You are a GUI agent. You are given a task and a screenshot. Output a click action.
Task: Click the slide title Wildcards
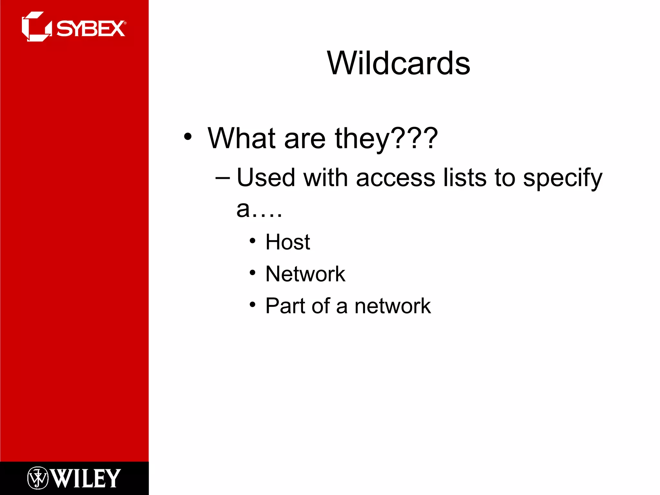(x=399, y=63)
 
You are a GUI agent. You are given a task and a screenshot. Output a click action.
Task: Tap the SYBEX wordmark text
(x=91, y=29)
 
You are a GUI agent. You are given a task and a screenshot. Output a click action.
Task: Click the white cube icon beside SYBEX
(x=36, y=27)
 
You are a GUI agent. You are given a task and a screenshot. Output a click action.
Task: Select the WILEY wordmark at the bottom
(x=86, y=478)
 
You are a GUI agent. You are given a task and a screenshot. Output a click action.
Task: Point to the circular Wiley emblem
(x=38, y=478)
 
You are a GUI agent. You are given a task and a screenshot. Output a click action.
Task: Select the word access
(x=395, y=178)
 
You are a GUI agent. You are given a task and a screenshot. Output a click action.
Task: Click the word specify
(x=562, y=178)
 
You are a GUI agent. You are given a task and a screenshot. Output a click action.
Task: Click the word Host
(x=287, y=242)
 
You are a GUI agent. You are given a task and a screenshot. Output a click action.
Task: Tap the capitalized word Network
(x=305, y=274)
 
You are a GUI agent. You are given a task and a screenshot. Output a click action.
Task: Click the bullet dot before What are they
(x=188, y=137)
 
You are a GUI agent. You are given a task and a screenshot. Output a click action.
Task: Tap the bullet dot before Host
(x=252, y=241)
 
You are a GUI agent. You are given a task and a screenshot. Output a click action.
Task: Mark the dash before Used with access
(x=223, y=178)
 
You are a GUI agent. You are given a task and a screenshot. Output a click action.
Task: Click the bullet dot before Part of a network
(x=252, y=304)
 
